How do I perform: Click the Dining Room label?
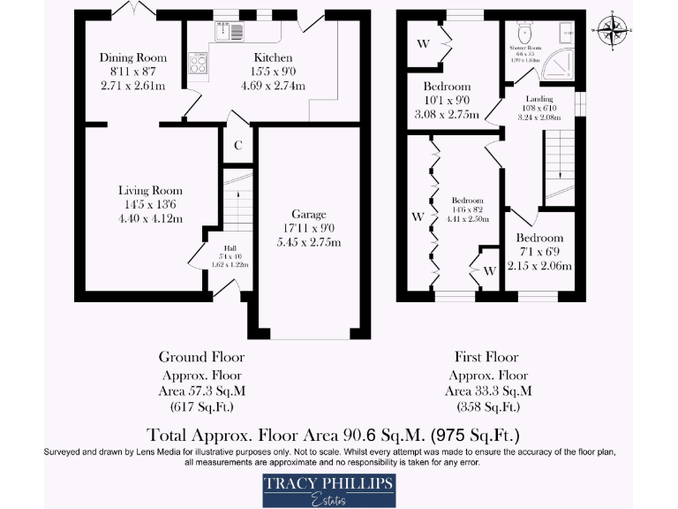[133, 58]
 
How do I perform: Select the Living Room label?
[151, 190]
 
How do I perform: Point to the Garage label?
[309, 214]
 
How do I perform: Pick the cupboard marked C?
[237, 147]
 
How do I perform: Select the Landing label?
[539, 99]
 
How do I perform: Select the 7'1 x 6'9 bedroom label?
[539, 238]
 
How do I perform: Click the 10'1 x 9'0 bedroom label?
[447, 87]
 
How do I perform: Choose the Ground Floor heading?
[201, 356]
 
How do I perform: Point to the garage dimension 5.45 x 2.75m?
[309, 243]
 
